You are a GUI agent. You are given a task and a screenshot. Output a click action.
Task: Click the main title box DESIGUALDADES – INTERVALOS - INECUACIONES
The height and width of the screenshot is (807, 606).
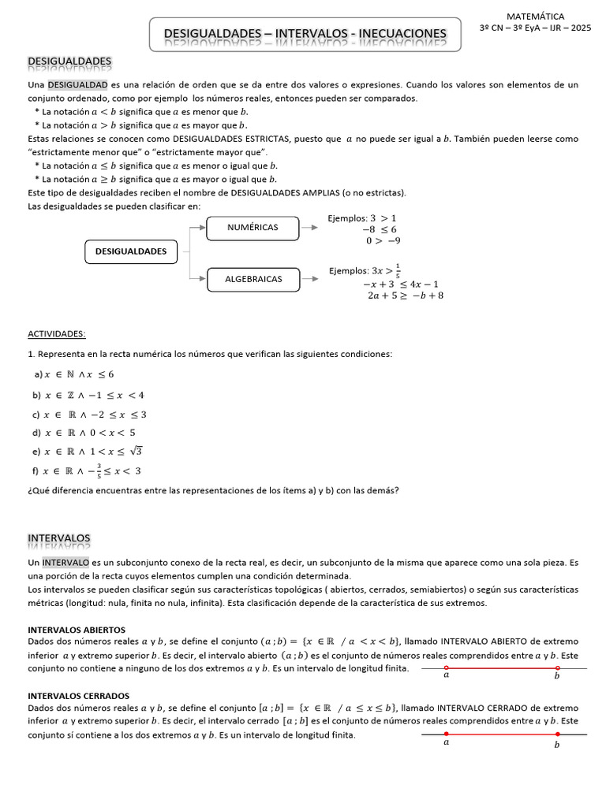305,34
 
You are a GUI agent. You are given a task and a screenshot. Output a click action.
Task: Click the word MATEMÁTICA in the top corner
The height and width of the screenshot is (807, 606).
535,16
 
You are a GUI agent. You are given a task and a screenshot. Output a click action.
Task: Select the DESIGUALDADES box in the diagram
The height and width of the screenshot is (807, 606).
131,251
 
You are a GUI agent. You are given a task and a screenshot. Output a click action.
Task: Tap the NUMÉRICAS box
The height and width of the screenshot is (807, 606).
252,228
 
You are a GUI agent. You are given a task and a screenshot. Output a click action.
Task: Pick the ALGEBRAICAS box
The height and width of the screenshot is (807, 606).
252,279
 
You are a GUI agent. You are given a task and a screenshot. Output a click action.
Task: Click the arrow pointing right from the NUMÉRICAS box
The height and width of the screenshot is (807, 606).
310,228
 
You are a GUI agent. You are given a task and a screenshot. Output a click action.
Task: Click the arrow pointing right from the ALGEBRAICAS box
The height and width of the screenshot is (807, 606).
310,279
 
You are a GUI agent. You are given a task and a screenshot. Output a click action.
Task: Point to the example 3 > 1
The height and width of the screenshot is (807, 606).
383,218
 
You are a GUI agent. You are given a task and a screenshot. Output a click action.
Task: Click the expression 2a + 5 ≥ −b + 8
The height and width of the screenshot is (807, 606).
406,296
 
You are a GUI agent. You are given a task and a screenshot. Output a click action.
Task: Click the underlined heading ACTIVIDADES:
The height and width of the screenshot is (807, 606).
57,333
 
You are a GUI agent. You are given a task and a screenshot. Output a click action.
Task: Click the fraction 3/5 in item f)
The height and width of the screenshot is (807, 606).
99,471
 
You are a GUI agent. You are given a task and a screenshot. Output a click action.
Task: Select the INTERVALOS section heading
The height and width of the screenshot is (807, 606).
59,537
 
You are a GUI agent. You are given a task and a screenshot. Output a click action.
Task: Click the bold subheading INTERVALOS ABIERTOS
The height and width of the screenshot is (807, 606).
77,630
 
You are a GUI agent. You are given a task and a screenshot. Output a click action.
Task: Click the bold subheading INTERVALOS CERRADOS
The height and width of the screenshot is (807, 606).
78,696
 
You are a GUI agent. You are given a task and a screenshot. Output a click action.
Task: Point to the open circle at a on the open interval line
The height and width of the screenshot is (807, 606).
447,668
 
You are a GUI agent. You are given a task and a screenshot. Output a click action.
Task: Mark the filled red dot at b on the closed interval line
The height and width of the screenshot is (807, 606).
557,734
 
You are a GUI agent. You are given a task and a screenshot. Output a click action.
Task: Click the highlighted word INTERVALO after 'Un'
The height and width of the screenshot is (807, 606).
66,563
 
